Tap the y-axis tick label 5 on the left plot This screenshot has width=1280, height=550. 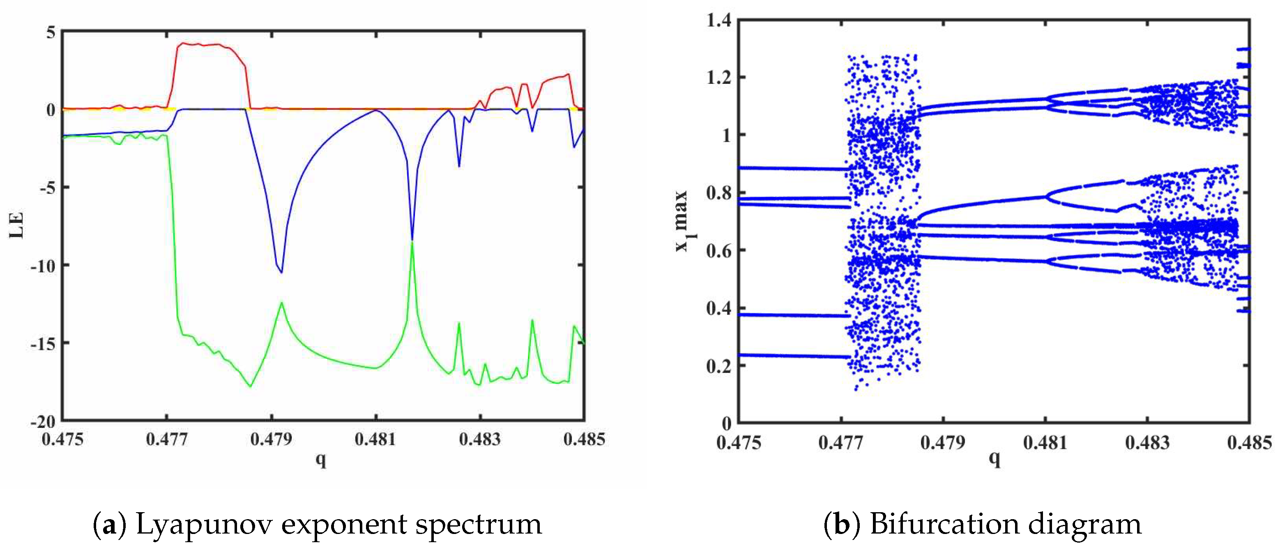pyautogui.click(x=51, y=33)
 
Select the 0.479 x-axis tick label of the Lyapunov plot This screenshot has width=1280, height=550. pyautogui.click(x=271, y=439)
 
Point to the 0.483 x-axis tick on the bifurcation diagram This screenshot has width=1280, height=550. pyautogui.click(x=1147, y=443)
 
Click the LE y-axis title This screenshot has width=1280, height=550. pyautogui.click(x=17, y=225)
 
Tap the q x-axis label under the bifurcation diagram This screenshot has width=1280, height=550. pyautogui.click(x=994, y=458)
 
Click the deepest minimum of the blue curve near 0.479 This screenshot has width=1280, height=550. pyautogui.click(x=282, y=272)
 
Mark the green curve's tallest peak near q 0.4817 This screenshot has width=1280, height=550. pyautogui.click(x=412, y=242)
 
